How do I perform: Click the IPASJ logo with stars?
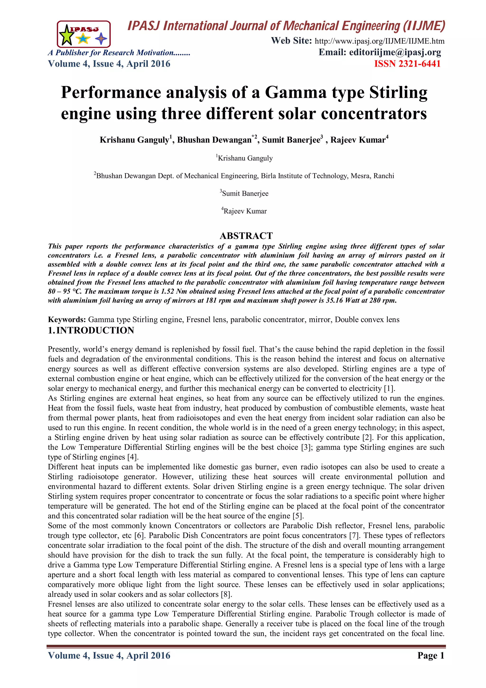[x=84, y=34]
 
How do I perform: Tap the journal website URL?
[x=379, y=41]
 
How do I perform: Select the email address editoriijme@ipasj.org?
[x=395, y=52]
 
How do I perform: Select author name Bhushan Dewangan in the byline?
[x=214, y=140]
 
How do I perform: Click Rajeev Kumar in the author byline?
[x=358, y=140]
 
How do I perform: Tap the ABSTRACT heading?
[x=246, y=236]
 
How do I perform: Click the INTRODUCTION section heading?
[x=95, y=330]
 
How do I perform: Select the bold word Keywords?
[x=67, y=320]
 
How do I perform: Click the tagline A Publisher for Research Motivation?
[x=119, y=53]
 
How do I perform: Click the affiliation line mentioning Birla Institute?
[x=244, y=176]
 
